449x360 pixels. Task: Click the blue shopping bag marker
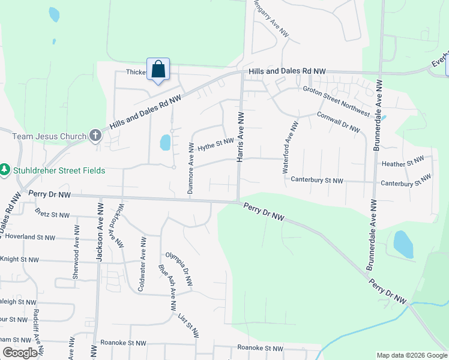point(158,70)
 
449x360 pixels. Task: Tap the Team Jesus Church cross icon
point(95,136)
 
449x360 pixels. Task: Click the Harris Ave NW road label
point(240,136)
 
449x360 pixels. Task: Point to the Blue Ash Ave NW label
point(167,287)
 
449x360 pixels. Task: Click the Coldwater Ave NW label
point(142,264)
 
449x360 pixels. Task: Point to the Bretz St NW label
point(53,214)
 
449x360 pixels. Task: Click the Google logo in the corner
point(20,353)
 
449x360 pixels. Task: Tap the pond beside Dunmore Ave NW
point(165,143)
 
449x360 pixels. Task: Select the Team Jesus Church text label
point(50,136)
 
